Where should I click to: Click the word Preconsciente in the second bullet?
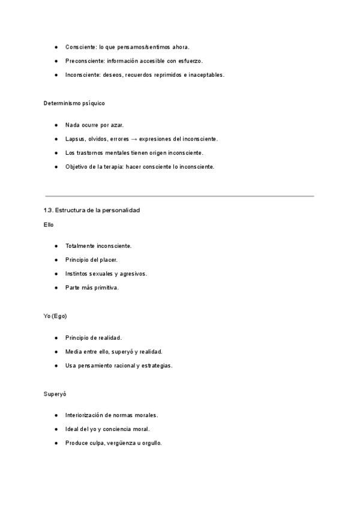pyautogui.click(x=85, y=61)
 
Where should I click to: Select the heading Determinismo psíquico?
pyautogui.click(x=74, y=103)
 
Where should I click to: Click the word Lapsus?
pyautogui.click(x=74, y=139)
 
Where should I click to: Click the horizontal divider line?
pyautogui.click(x=179, y=196)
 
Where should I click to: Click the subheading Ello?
pyautogui.click(x=49, y=224)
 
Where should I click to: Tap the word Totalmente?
pyautogui.click(x=81, y=245)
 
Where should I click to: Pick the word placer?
pyautogui.click(x=109, y=259)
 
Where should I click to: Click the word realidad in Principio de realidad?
pyautogui.click(x=110, y=337)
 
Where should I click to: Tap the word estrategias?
pyautogui.click(x=157, y=365)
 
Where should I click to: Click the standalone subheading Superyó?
pyautogui.click(x=54, y=394)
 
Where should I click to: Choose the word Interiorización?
pyautogui.click(x=86, y=415)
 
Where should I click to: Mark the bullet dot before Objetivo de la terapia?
pyautogui.click(x=55, y=166)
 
